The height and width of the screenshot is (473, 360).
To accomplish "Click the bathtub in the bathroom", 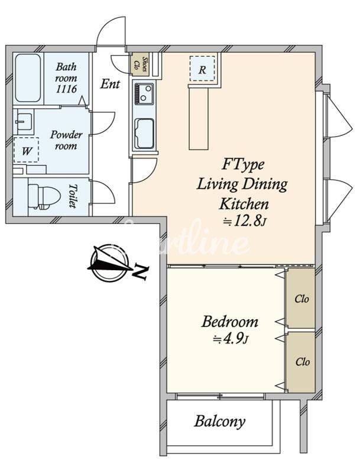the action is (28, 78).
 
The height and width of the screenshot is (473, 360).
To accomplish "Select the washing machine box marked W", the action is (26, 150).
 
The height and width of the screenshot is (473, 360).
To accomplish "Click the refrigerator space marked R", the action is (202, 69).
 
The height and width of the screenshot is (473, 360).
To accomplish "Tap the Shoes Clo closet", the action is (141, 64).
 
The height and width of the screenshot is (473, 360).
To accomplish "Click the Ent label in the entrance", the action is (110, 83).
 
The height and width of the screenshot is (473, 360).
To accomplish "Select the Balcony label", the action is (219, 421).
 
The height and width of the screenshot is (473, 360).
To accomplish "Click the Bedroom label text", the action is (230, 322).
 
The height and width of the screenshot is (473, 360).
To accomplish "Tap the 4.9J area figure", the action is (230, 339).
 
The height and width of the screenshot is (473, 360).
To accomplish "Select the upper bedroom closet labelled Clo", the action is (300, 298).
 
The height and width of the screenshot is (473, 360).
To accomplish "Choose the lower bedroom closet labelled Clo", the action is (300, 362).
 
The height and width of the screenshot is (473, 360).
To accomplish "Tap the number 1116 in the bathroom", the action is (66, 89).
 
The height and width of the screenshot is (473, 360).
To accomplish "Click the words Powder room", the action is (66, 140).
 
